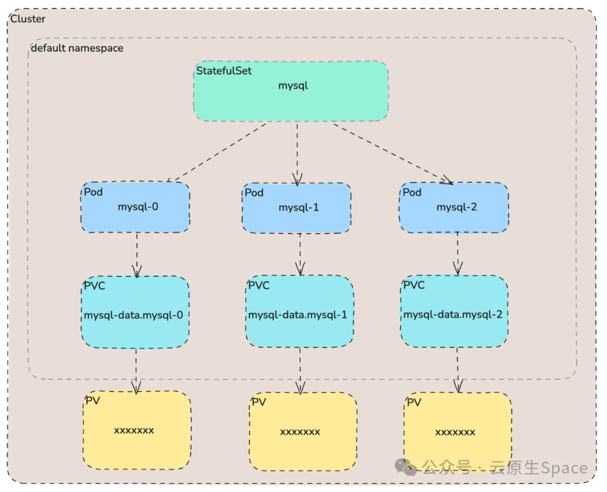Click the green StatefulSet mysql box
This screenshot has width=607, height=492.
tap(291, 91)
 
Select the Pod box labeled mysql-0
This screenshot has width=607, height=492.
tap(135, 207)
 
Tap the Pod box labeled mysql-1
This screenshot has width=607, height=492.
tap(297, 208)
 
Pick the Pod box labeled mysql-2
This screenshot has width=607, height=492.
tap(455, 207)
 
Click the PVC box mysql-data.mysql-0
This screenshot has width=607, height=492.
tap(135, 312)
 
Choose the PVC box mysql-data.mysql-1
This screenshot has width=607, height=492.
tap(299, 312)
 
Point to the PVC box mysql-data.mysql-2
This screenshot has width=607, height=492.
tap(454, 312)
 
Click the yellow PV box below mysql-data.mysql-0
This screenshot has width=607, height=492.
tap(137, 430)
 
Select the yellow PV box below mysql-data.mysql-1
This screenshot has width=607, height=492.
tap(303, 432)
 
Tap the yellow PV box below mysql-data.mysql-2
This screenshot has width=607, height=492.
tap(457, 432)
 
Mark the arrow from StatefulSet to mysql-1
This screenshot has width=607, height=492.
tap(297, 153)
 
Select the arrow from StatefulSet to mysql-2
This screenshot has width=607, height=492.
tap(392, 153)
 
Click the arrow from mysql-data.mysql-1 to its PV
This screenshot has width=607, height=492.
tap(300, 370)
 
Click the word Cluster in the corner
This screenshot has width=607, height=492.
tap(28, 19)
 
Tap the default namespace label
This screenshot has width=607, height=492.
tap(77, 48)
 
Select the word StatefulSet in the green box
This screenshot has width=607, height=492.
tap(224, 71)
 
